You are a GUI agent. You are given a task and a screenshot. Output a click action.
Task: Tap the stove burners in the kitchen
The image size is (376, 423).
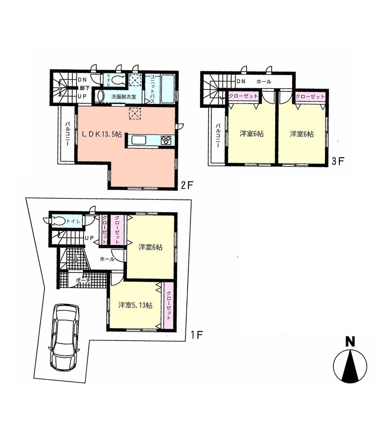tap(165, 140)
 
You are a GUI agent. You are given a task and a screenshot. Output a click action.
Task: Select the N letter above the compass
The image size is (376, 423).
tap(350, 342)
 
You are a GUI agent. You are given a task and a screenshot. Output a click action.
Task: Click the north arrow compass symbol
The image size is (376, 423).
tap(350, 366)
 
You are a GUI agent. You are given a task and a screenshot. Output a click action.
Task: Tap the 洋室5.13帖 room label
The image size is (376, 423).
tap(135, 305)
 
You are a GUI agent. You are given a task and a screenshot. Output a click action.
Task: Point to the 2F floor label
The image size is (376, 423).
tap(187, 185)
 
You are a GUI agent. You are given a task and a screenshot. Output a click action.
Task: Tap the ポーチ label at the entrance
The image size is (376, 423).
tap(83, 281)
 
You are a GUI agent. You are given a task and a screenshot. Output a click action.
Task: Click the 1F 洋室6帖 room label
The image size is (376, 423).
tap(150, 247)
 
